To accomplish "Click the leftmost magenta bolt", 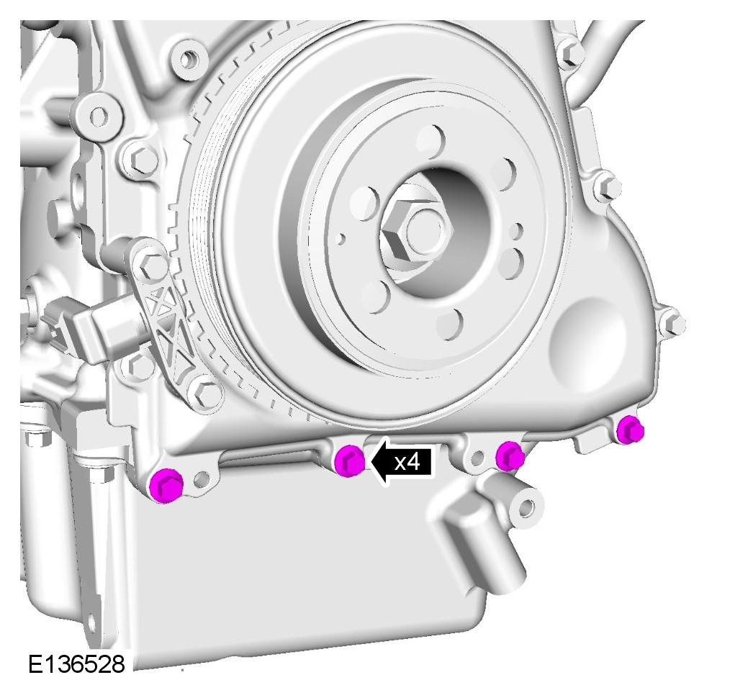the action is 166,485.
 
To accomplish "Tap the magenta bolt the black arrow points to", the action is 350,461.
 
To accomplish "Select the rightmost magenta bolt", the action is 630,430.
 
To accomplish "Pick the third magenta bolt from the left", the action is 510,455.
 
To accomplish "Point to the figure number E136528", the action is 76,664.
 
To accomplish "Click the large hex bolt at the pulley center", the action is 417,230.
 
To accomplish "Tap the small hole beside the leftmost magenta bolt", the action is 202,479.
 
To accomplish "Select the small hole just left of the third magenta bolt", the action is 477,458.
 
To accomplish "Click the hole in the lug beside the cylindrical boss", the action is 527,507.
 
